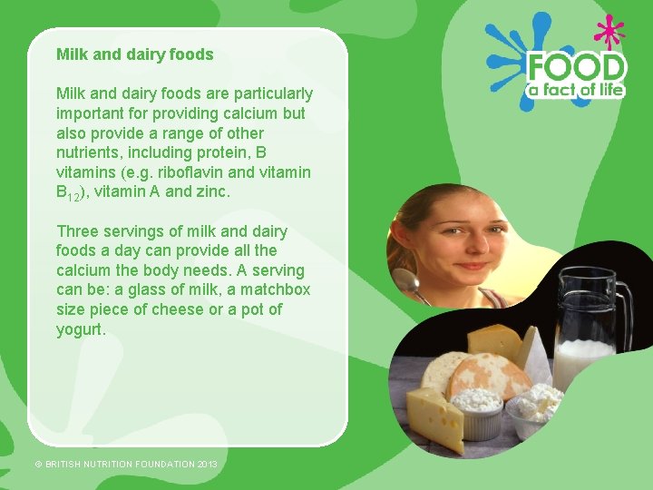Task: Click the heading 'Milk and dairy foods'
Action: pos(134,54)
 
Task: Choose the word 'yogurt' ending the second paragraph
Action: pos(80,330)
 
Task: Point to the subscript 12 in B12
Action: pos(75,196)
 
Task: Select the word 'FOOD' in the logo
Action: pos(577,68)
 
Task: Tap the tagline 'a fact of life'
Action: pos(577,89)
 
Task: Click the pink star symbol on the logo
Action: pos(609,33)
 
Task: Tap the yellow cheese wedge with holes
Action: pos(435,413)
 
